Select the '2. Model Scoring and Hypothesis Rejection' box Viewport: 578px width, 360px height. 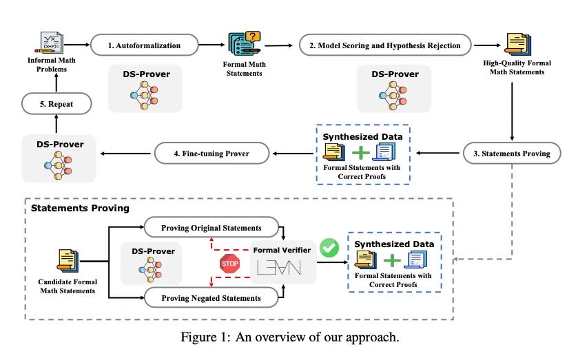385,45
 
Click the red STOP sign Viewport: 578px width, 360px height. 229,263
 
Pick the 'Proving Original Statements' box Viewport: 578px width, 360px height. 211,228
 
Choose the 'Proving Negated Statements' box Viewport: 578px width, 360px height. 211,297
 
